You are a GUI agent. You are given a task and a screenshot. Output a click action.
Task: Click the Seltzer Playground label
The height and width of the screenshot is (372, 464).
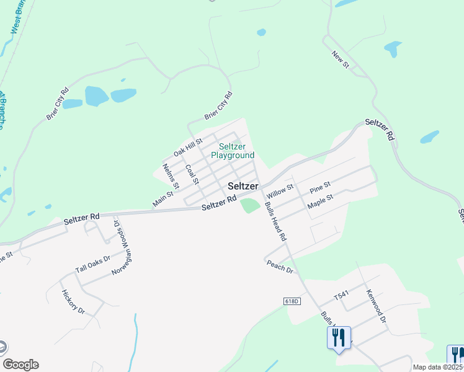[233, 151]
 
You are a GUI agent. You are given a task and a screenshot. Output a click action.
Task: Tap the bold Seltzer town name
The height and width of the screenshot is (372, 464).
[243, 185]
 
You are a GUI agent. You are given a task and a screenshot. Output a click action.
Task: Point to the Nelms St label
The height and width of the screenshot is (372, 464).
[171, 176]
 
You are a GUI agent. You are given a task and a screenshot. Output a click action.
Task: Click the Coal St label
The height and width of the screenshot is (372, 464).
[192, 174]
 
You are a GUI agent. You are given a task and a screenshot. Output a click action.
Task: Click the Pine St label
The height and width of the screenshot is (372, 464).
[320, 185]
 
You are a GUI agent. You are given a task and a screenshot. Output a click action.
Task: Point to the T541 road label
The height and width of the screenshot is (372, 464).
[342, 298]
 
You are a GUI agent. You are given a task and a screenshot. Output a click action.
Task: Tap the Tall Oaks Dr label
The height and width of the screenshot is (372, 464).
[92, 264]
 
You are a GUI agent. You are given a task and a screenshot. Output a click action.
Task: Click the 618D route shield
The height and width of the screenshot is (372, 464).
[292, 301]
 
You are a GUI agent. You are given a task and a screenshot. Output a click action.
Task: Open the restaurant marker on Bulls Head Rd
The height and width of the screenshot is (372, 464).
[339, 337]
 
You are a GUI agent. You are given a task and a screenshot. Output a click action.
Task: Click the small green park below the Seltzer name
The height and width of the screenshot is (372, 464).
[249, 205]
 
